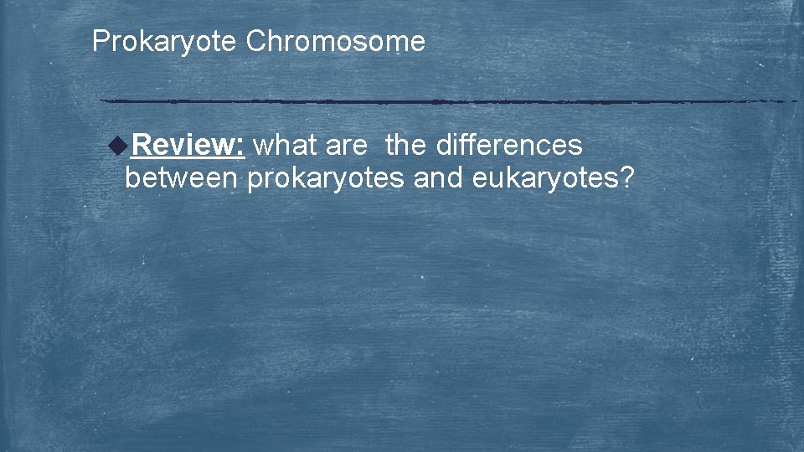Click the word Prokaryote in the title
tap(164, 41)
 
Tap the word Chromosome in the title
tap(335, 41)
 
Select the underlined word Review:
tap(188, 146)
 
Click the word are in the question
tap(346, 146)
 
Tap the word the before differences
tap(406, 146)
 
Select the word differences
tap(509, 146)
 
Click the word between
tap(180, 177)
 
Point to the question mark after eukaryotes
tap(627, 177)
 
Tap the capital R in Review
tap(141, 146)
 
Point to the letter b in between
tap(131, 177)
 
